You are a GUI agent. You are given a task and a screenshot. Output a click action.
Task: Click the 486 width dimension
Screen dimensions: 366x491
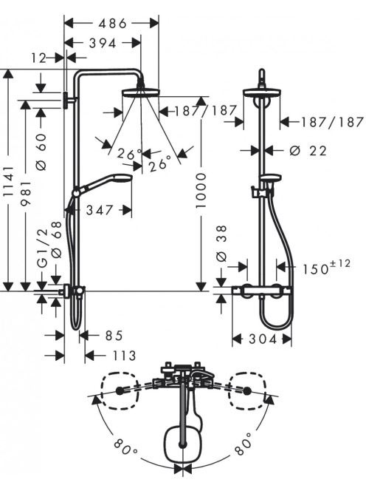pyautogui.click(x=112, y=24)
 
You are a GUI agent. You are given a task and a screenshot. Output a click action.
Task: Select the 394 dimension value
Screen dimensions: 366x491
pyautogui.click(x=103, y=43)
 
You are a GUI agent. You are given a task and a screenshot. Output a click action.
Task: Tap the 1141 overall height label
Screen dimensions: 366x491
pyautogui.click(x=9, y=181)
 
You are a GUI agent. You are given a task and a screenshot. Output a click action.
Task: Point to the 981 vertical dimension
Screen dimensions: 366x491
pyautogui.click(x=27, y=192)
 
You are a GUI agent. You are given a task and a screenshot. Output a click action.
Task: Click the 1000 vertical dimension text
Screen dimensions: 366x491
pyautogui.click(x=201, y=190)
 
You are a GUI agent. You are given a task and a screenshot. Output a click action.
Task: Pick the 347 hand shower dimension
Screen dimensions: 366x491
pyautogui.click(x=100, y=210)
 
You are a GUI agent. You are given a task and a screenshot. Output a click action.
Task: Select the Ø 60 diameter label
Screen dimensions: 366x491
pyautogui.click(x=41, y=152)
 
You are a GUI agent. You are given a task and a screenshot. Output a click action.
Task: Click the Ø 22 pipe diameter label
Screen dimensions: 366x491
pyautogui.click(x=308, y=151)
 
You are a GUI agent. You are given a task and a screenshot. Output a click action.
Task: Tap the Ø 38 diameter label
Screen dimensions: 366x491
pyautogui.click(x=221, y=243)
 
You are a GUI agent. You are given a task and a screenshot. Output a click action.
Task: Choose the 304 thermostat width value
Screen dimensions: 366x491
pyautogui.click(x=263, y=339)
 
